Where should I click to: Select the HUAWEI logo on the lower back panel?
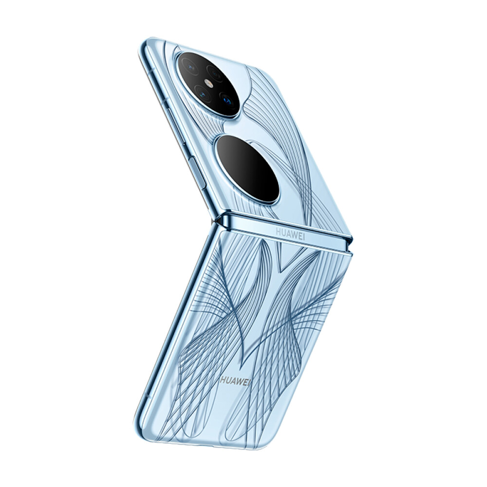coord(235,382)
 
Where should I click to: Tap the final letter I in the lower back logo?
coord(249,383)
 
